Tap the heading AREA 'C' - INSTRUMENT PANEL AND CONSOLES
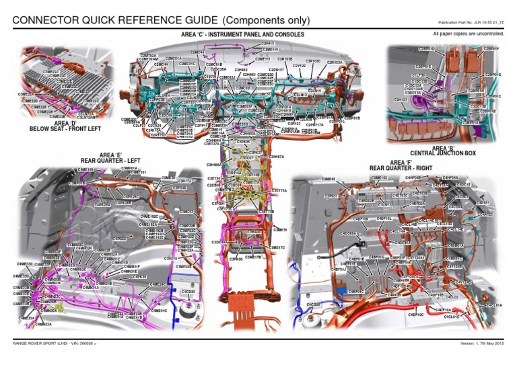[x=242, y=34]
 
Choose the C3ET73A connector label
[x=279, y=191]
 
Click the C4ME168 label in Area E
[x=87, y=170]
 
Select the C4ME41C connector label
[x=159, y=311]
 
